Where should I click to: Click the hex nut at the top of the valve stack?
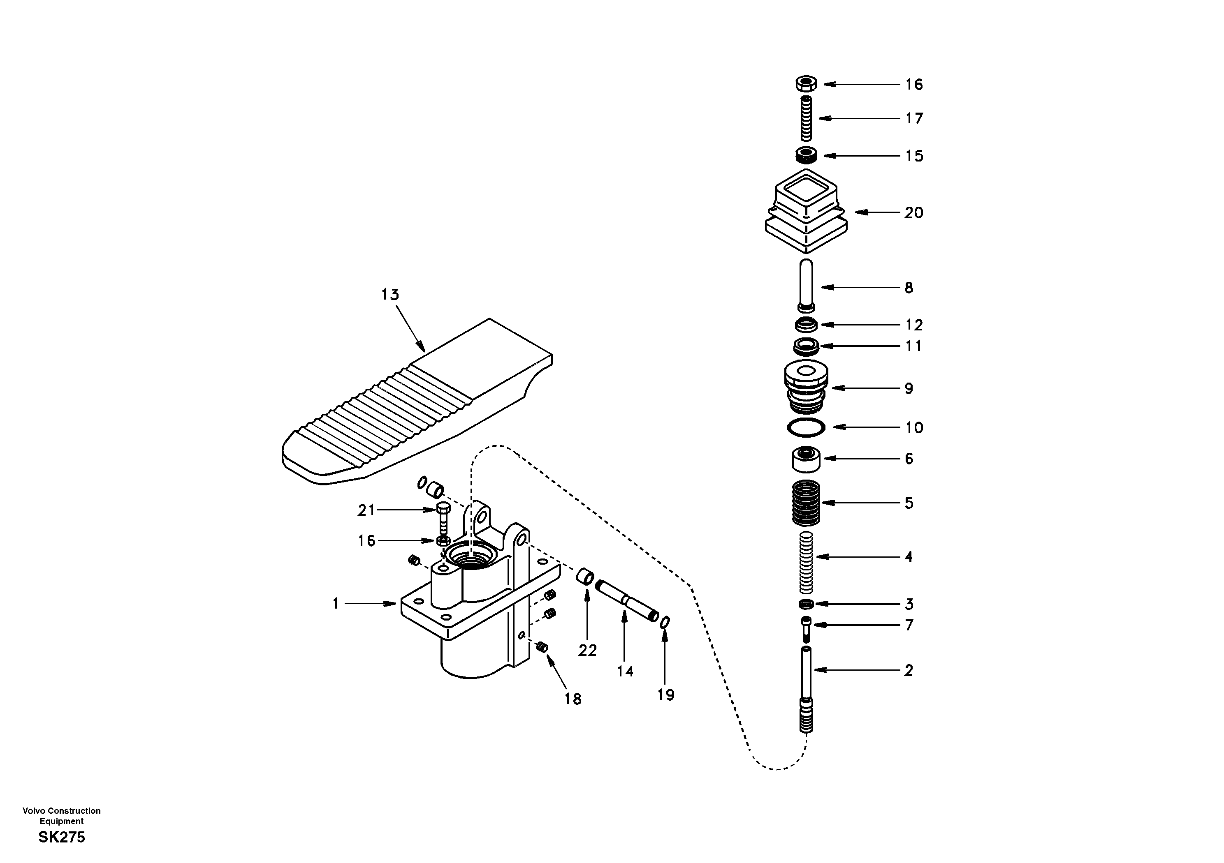point(806,84)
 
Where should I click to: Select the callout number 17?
point(914,118)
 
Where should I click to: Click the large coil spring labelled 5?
point(806,502)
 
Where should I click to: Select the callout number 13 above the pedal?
point(389,295)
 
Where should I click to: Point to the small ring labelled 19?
point(665,622)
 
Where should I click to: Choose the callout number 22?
point(587,651)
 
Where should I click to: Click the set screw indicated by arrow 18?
point(542,647)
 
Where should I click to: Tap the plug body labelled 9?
point(806,388)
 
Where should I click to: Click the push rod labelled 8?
point(806,285)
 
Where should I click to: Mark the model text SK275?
point(61,838)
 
